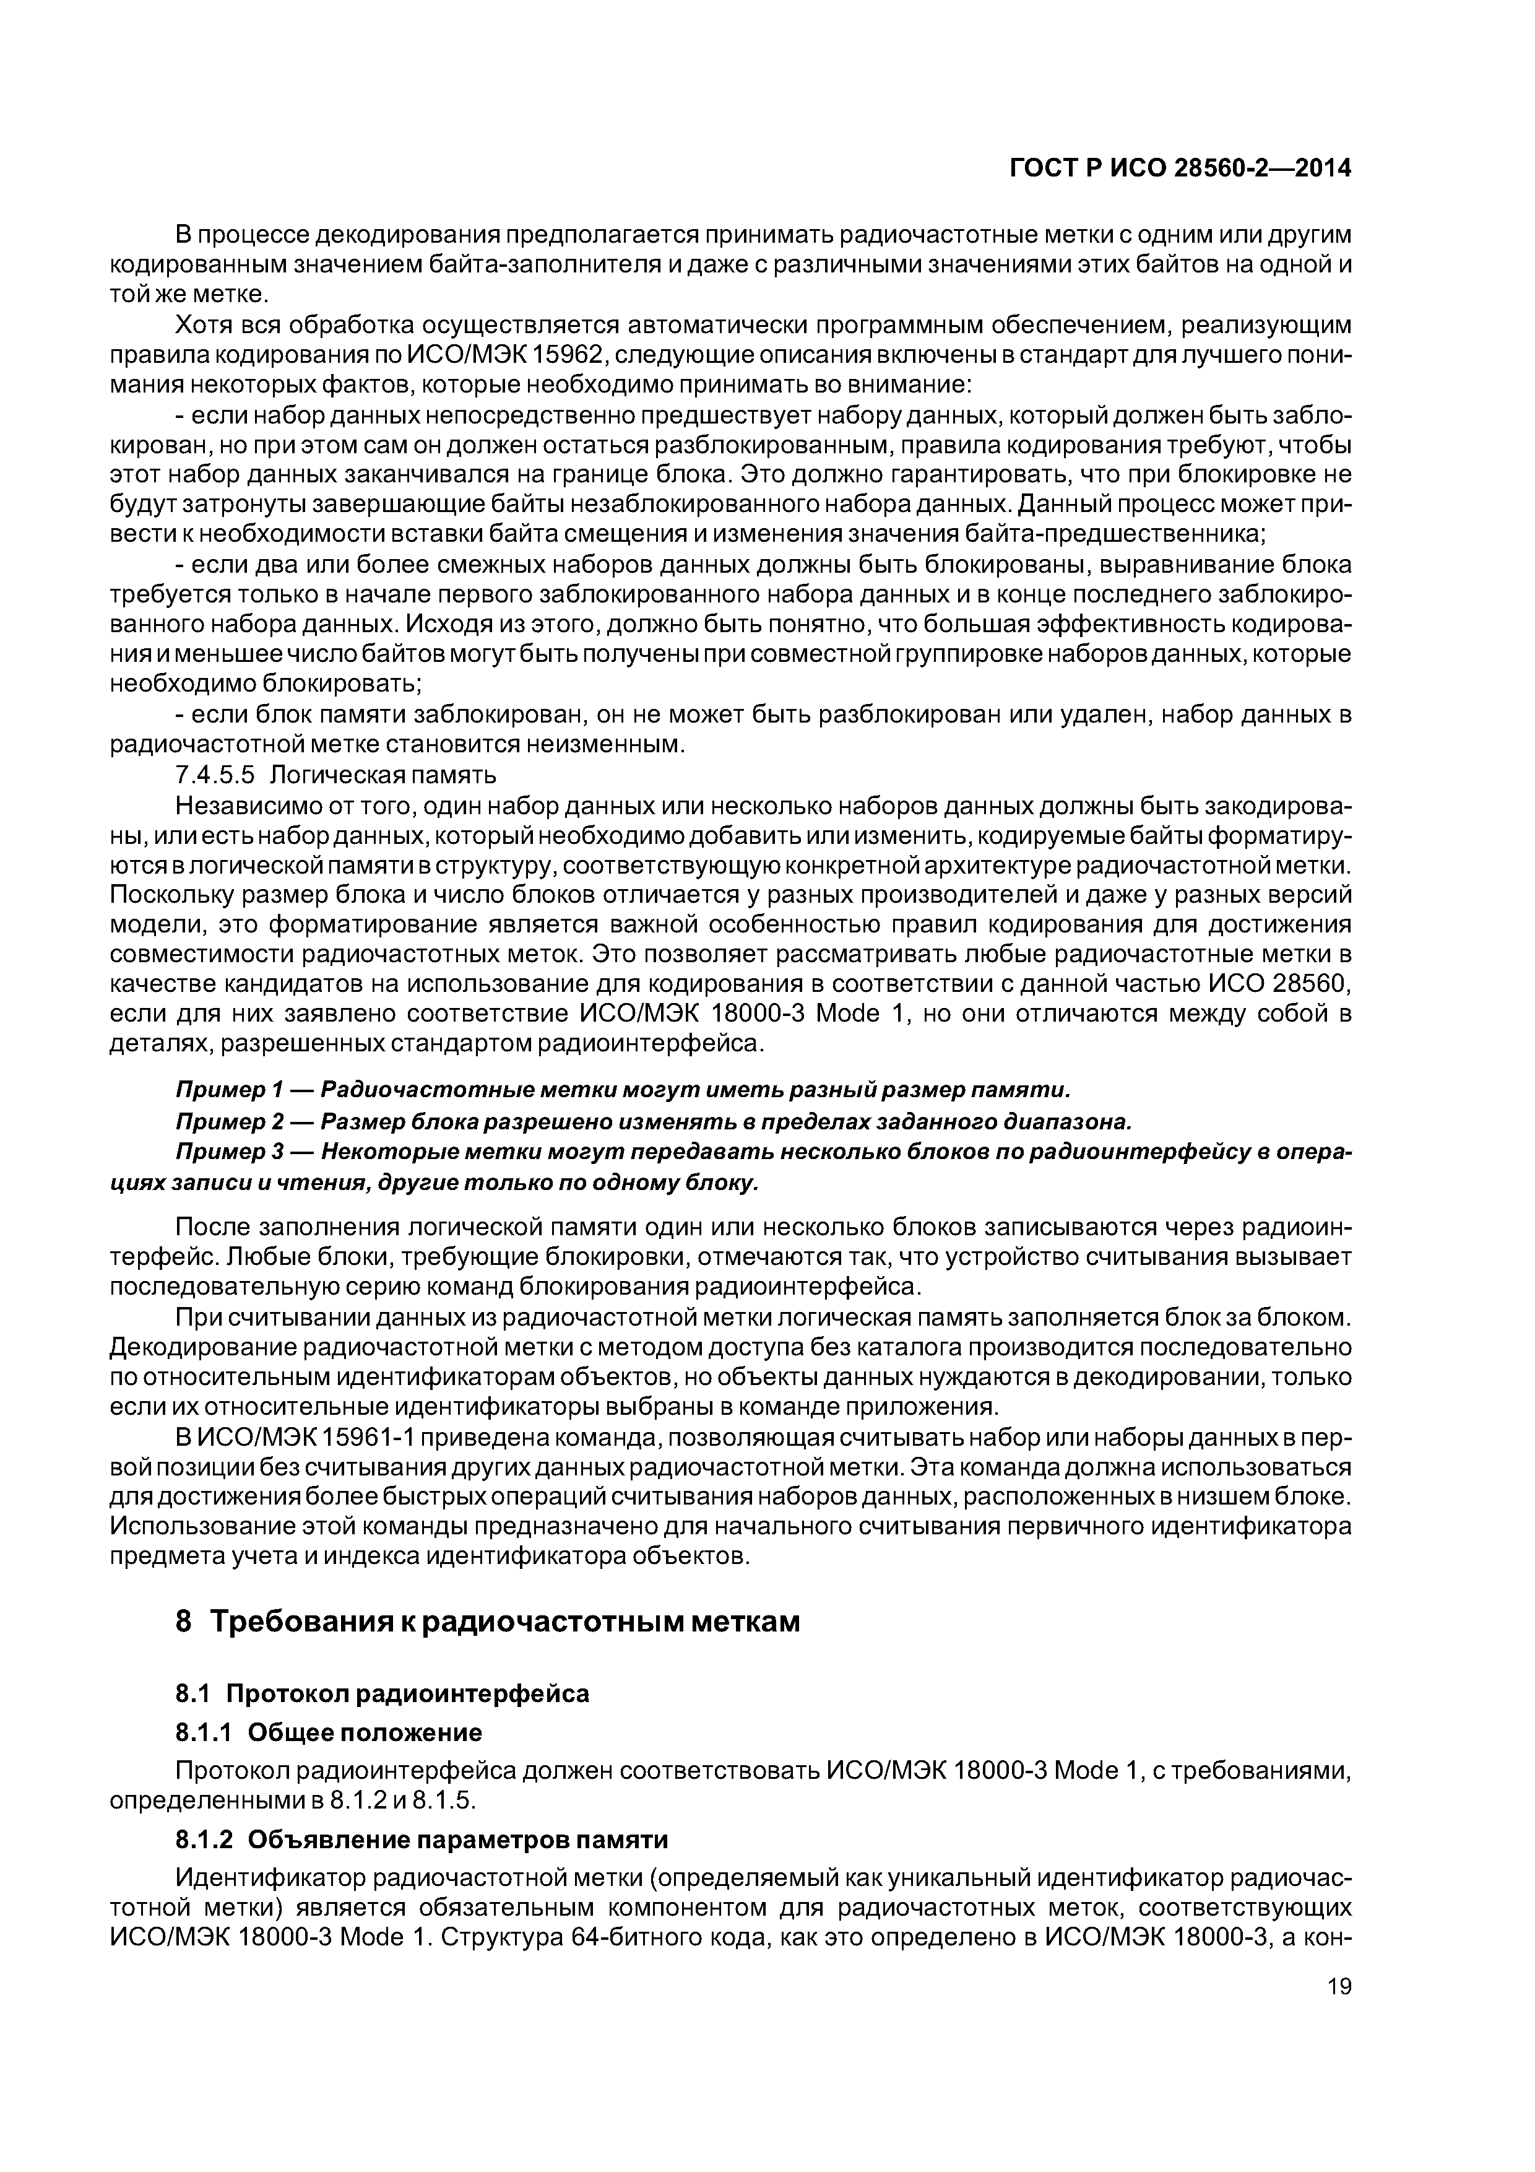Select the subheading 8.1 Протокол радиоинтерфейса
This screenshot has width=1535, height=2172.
pos(383,1693)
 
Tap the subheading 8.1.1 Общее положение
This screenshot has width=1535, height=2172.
pos(329,1732)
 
